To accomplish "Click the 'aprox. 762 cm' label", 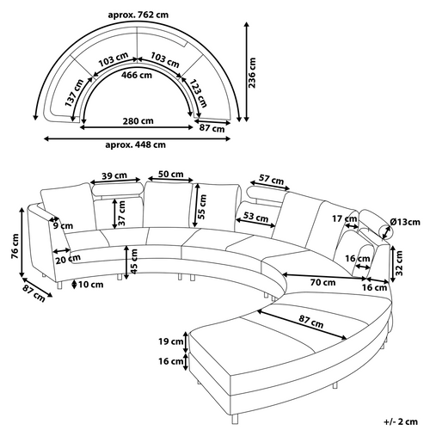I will click(137, 15).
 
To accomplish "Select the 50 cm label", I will click(169, 175).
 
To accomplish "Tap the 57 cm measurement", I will click(271, 181).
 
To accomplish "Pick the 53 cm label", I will click(255, 217).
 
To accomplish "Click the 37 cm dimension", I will click(123, 220).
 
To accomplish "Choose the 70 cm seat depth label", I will click(324, 281).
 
